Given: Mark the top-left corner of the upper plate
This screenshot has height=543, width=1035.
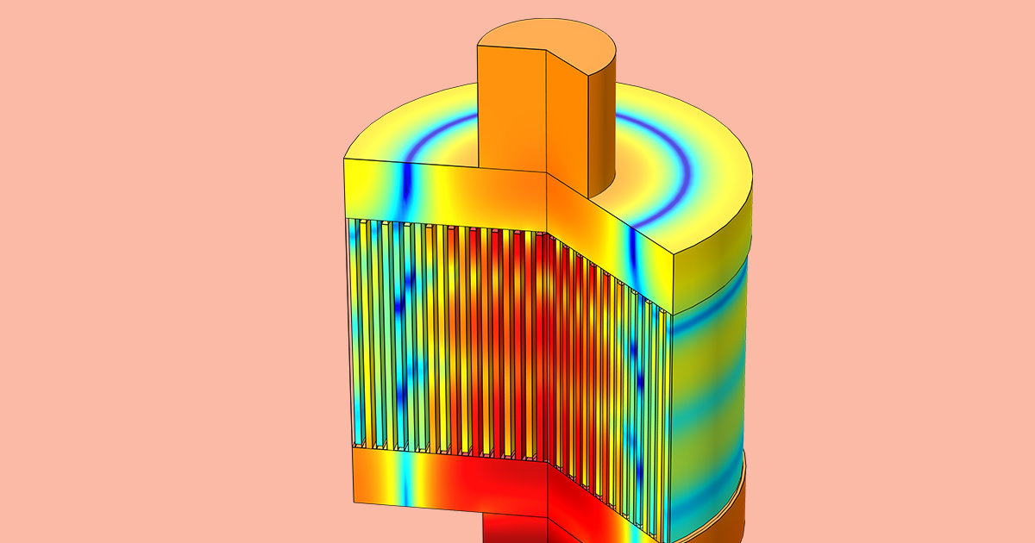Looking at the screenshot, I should click(x=344, y=159).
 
